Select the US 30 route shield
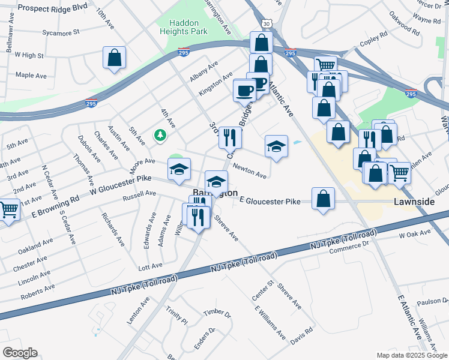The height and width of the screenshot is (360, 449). point(267,23)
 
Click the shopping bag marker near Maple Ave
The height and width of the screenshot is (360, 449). point(114,59)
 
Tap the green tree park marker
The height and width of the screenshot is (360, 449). point(160,135)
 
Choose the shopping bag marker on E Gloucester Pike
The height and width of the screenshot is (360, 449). point(323,199)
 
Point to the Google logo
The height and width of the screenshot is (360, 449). point(19,353)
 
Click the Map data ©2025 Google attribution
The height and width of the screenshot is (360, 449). point(412,355)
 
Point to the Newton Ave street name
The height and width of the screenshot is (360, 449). point(249,172)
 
